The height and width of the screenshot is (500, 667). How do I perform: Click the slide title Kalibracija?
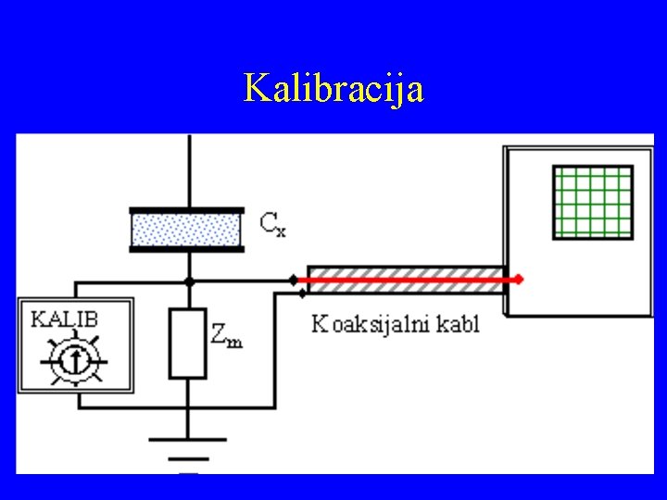click(333, 89)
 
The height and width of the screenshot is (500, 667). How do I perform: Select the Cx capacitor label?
click(272, 223)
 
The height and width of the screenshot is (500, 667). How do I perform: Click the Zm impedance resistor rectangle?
click(187, 343)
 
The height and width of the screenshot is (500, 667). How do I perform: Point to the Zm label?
click(227, 335)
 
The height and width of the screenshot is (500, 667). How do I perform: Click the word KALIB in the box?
click(66, 319)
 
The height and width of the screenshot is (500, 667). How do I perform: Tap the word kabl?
click(459, 324)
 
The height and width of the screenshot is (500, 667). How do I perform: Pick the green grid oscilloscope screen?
click(593, 202)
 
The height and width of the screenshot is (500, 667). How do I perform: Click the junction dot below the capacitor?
click(188, 280)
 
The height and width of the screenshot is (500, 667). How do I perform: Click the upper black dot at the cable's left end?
click(294, 279)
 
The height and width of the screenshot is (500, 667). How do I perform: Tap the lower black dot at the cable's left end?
click(304, 293)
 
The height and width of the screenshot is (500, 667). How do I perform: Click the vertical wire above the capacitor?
click(188, 171)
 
